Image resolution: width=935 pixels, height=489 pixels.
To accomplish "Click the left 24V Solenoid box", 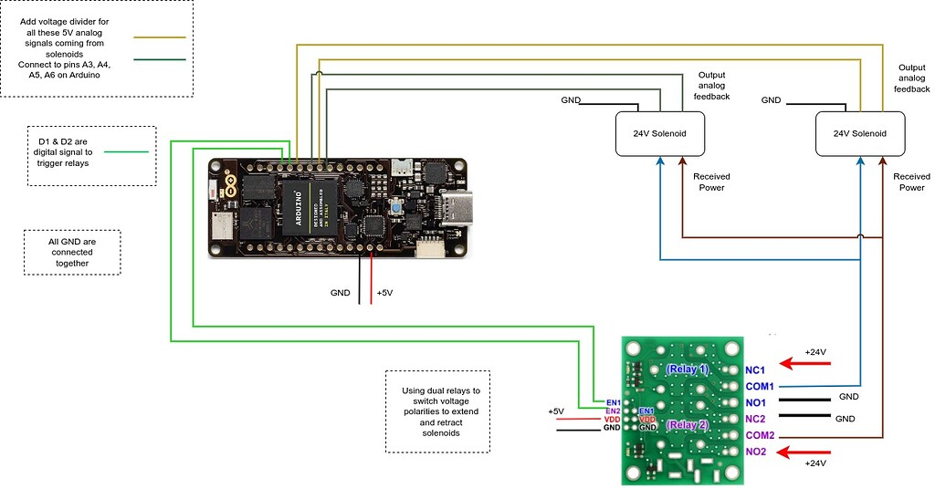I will tap(660, 133).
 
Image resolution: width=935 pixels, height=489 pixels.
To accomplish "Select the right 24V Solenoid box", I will tap(860, 133).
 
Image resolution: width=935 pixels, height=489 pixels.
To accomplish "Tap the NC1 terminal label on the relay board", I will tap(755, 369).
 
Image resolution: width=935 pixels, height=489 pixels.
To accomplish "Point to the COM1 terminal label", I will tap(760, 386).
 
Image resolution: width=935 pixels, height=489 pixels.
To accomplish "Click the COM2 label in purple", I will tap(760, 435).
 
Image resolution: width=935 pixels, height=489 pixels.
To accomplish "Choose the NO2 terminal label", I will tap(755, 452).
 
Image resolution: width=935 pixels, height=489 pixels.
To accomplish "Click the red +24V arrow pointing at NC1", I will tap(804, 365).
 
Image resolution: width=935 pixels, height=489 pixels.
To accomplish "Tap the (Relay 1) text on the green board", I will tap(687, 369).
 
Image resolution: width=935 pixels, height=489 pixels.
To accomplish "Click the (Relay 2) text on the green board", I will tap(687, 425).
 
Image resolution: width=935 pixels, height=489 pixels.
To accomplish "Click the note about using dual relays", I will tap(438, 411).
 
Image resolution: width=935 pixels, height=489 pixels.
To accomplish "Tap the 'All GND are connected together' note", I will tap(71, 251).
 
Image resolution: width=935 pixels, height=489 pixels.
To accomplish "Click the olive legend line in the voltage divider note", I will tap(161, 38).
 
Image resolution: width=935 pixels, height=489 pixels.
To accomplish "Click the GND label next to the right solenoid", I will tap(771, 100).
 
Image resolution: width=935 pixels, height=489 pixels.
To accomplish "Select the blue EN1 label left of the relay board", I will tap(613, 402).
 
